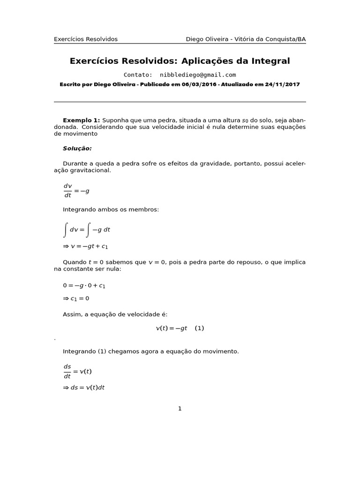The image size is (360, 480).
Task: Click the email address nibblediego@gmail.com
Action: tap(197, 75)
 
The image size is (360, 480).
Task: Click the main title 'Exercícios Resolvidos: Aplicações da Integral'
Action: tap(180, 61)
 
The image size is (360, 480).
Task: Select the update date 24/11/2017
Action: tap(283, 85)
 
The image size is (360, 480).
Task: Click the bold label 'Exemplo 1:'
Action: tap(81, 120)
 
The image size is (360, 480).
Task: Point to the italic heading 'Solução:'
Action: tap(77, 149)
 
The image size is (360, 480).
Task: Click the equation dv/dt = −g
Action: tap(76, 191)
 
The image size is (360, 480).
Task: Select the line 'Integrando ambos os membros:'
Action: tap(111, 210)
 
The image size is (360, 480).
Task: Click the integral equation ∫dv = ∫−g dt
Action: tap(87, 230)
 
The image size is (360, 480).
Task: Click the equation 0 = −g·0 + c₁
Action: tap(84, 285)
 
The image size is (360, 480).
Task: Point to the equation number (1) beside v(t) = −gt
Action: tap(199, 328)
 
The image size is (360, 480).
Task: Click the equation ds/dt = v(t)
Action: tap(77, 371)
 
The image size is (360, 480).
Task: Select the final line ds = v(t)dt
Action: tap(84, 388)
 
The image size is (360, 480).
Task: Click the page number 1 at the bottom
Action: tap(180, 409)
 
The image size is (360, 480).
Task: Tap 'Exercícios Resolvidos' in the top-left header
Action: tap(86, 39)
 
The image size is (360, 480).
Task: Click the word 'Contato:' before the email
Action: tap(138, 75)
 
